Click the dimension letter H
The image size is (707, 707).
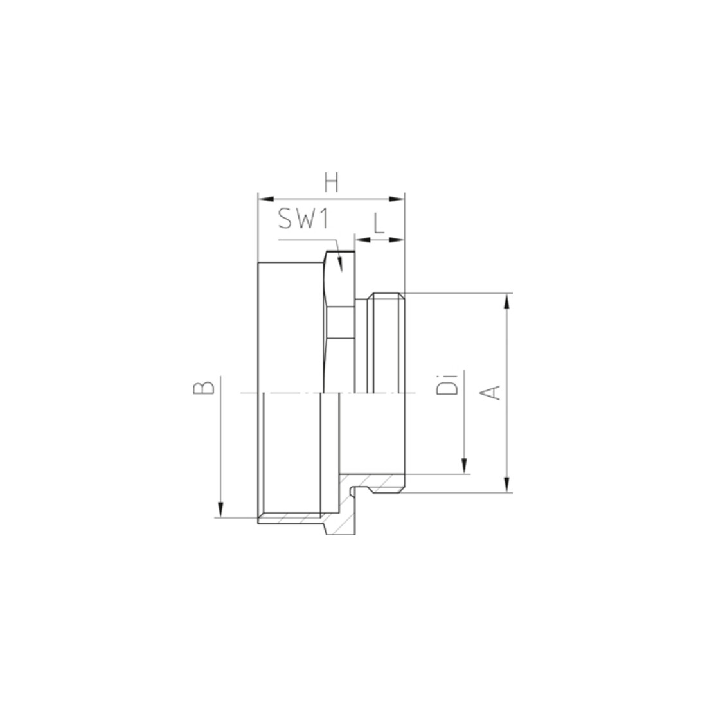click(332, 184)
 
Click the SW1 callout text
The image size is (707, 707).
click(303, 219)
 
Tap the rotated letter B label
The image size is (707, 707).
click(204, 388)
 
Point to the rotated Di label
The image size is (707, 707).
click(447, 384)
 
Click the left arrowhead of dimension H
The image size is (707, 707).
click(266, 199)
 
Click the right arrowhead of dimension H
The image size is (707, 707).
click(397, 199)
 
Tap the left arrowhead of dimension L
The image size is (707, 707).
click(362, 240)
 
